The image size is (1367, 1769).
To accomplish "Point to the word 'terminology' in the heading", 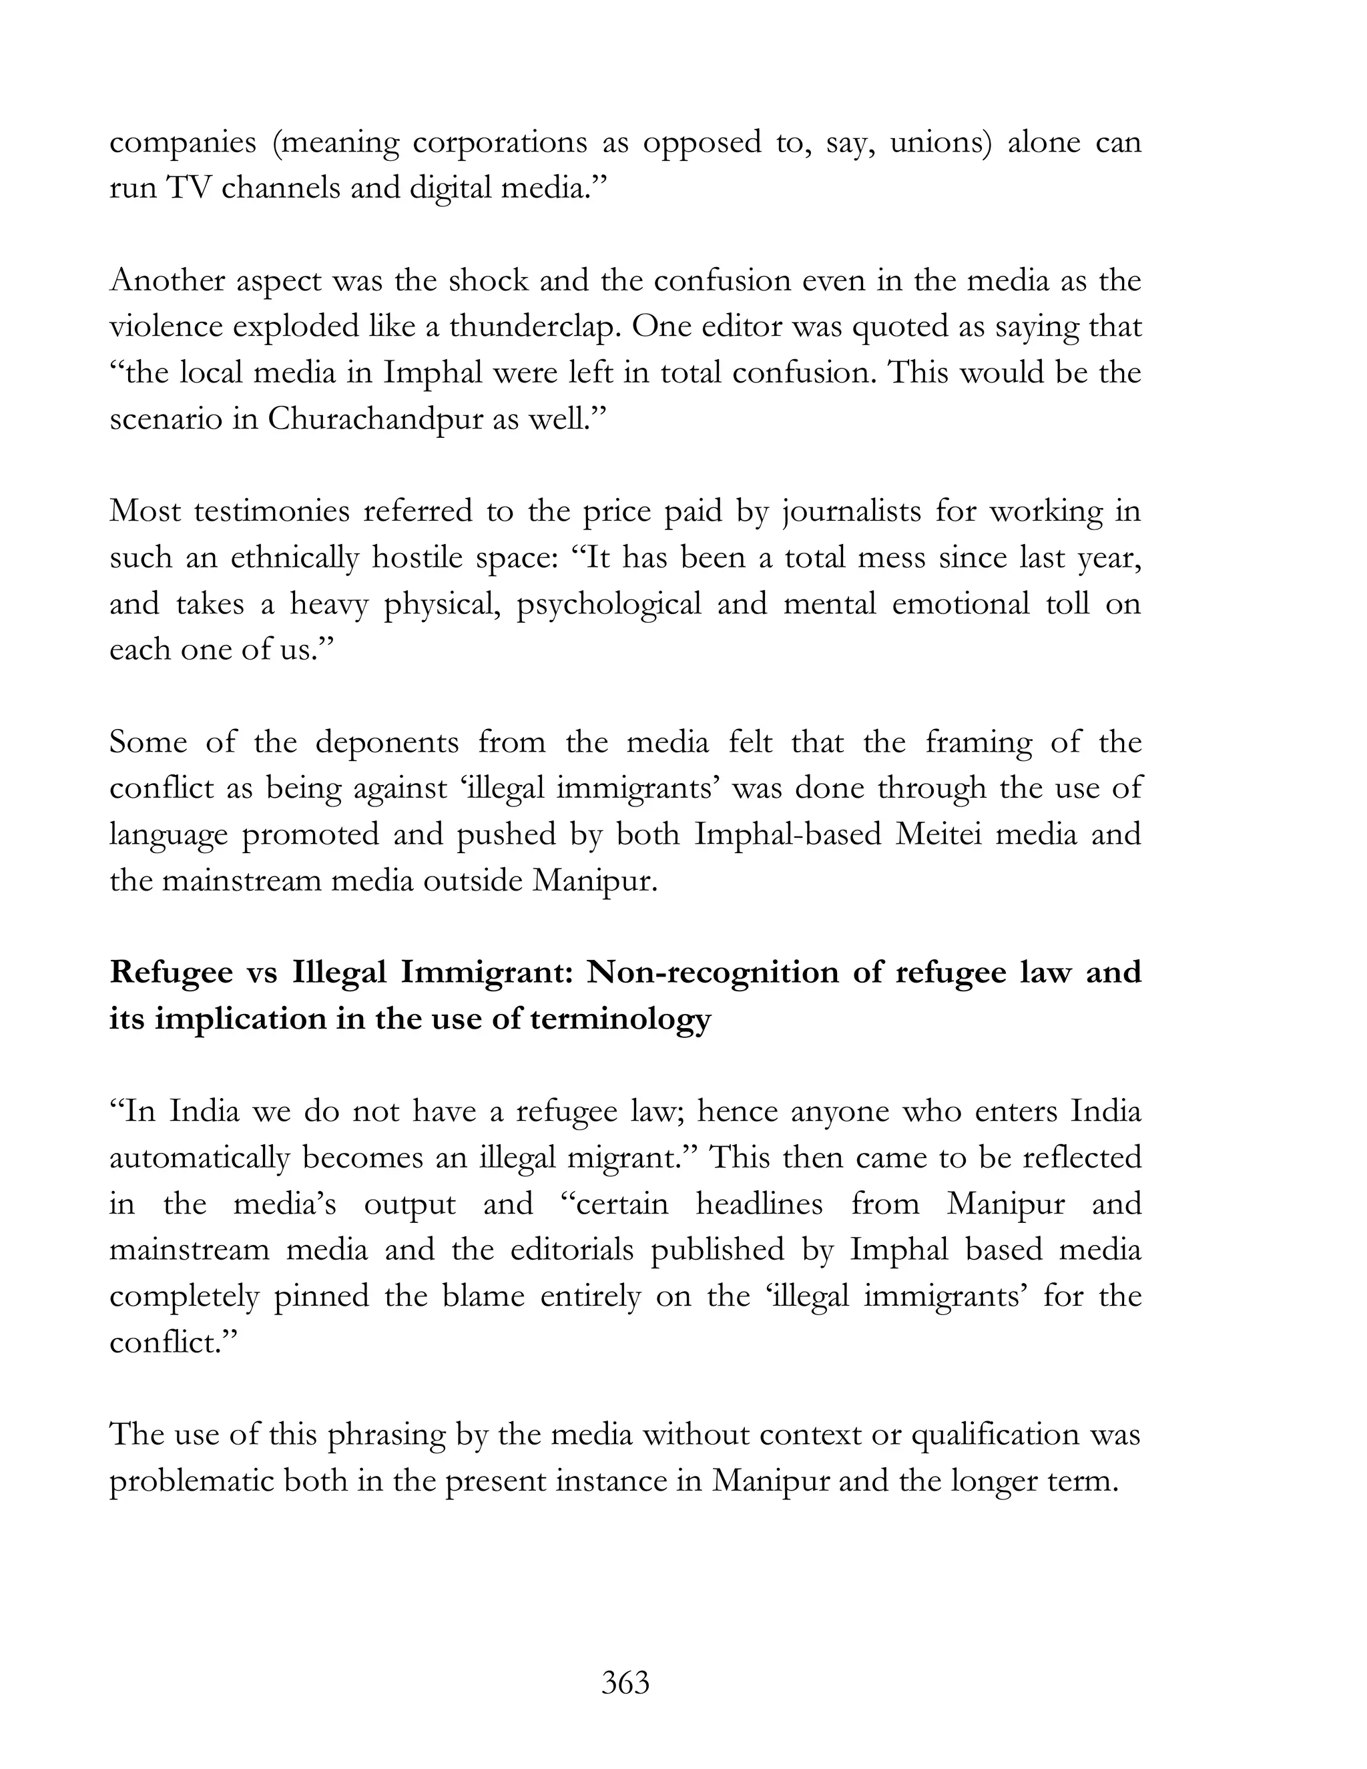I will pos(619,1019).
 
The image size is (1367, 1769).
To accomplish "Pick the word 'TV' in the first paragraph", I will pos(187,188).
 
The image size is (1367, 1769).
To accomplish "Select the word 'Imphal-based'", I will pos(787,834).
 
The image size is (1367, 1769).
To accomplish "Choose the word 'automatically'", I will pos(198,1158).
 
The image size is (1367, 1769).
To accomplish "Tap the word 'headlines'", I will pos(759,1204).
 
